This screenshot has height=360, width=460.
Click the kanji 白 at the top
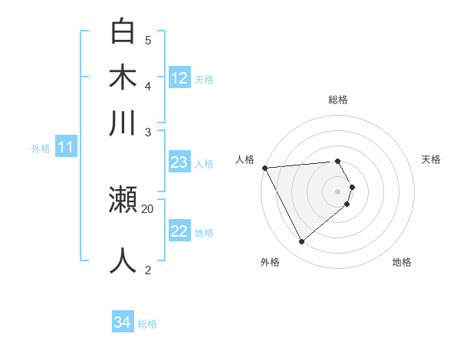coord(123,32)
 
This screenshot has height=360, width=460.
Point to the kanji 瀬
coord(123,201)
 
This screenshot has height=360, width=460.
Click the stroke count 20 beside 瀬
coord(148,208)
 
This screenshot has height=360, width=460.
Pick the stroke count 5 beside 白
coord(148,40)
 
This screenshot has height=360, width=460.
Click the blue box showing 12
coord(179,78)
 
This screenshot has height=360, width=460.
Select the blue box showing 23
coord(179,162)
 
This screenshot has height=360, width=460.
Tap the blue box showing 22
coord(179,231)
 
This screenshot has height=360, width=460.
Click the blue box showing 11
coord(65,148)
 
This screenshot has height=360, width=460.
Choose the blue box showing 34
coord(122,323)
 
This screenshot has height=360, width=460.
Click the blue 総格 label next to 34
coord(147,324)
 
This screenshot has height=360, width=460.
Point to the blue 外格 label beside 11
coord(41,149)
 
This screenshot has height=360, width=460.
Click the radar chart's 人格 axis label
coord(245,159)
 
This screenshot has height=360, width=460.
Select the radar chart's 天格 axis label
coord(431,159)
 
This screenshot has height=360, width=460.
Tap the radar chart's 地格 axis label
coord(402,262)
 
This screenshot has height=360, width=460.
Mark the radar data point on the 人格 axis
coord(264,168)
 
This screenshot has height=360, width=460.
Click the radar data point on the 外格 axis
coord(301,242)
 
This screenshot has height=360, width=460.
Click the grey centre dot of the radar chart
coord(338,191)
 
